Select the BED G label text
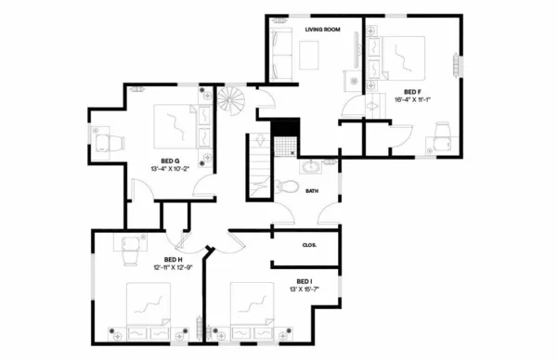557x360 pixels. pyautogui.click(x=170, y=160)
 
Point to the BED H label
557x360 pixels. pyautogui.click(x=174, y=259)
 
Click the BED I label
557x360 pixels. pyautogui.click(x=304, y=280)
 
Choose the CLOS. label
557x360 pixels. pyautogui.click(x=310, y=245)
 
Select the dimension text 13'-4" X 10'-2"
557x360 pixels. pyautogui.click(x=170, y=169)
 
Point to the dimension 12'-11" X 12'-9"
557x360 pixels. pyautogui.click(x=174, y=267)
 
